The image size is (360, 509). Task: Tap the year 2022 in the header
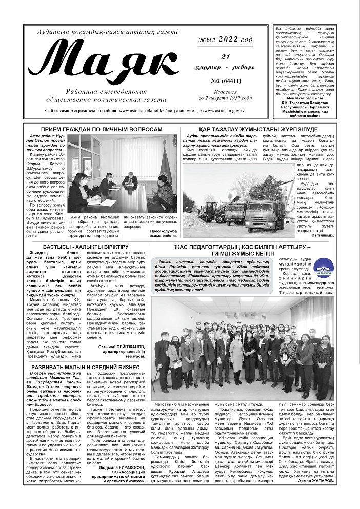coord(222,40)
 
